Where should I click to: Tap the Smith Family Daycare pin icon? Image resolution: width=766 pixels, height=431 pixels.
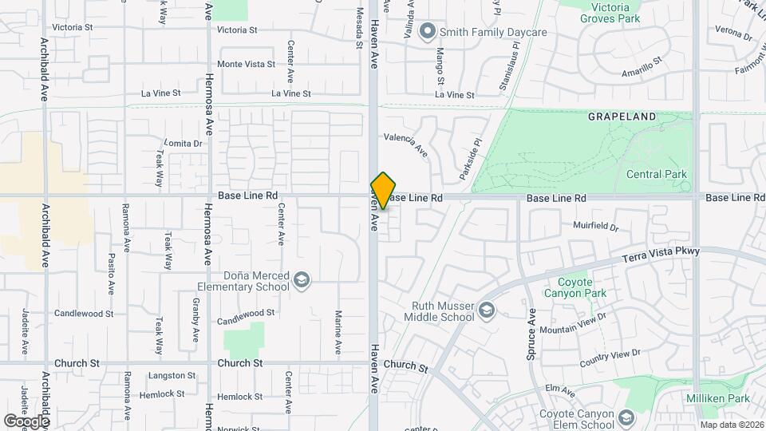point(428,32)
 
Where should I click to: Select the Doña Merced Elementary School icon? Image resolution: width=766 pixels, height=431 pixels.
point(302,279)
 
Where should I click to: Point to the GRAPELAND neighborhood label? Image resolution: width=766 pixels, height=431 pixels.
point(622,117)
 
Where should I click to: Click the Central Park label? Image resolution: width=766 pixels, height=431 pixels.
point(656,174)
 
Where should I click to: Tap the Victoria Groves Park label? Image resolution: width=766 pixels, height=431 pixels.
point(611,13)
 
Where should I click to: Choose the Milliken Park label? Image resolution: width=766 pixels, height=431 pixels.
point(717,398)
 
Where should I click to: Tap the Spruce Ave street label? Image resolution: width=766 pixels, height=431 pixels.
point(530,334)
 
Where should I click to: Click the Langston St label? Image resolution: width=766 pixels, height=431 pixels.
point(172,375)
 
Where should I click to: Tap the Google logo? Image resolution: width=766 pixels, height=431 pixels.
point(26,421)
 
